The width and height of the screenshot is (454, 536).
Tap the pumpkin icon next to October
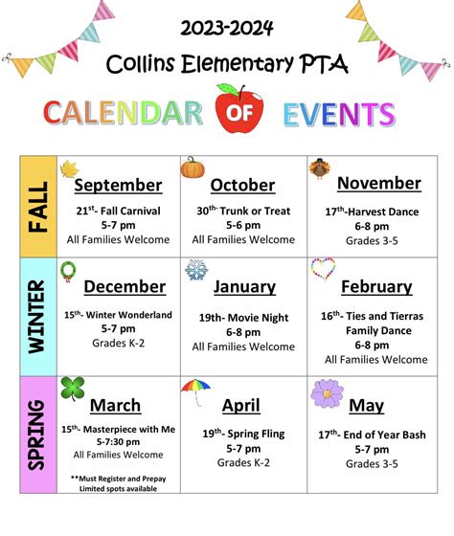tap(193, 167)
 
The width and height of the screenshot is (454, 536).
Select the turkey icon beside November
tap(319, 169)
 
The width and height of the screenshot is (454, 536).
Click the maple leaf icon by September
tap(69, 170)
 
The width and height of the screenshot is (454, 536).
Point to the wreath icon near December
tap(69, 272)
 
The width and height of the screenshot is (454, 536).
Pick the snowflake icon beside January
tap(196, 270)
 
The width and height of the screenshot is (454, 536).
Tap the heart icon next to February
tap(323, 269)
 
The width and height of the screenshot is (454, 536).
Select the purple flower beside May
tap(327, 394)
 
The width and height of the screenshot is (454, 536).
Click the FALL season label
tap(37, 206)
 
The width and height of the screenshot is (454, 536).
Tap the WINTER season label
tap(37, 317)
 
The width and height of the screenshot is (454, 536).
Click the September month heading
tap(118, 185)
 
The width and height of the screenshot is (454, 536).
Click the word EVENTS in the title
tap(339, 115)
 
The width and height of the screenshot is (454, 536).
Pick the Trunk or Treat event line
tap(242, 210)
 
